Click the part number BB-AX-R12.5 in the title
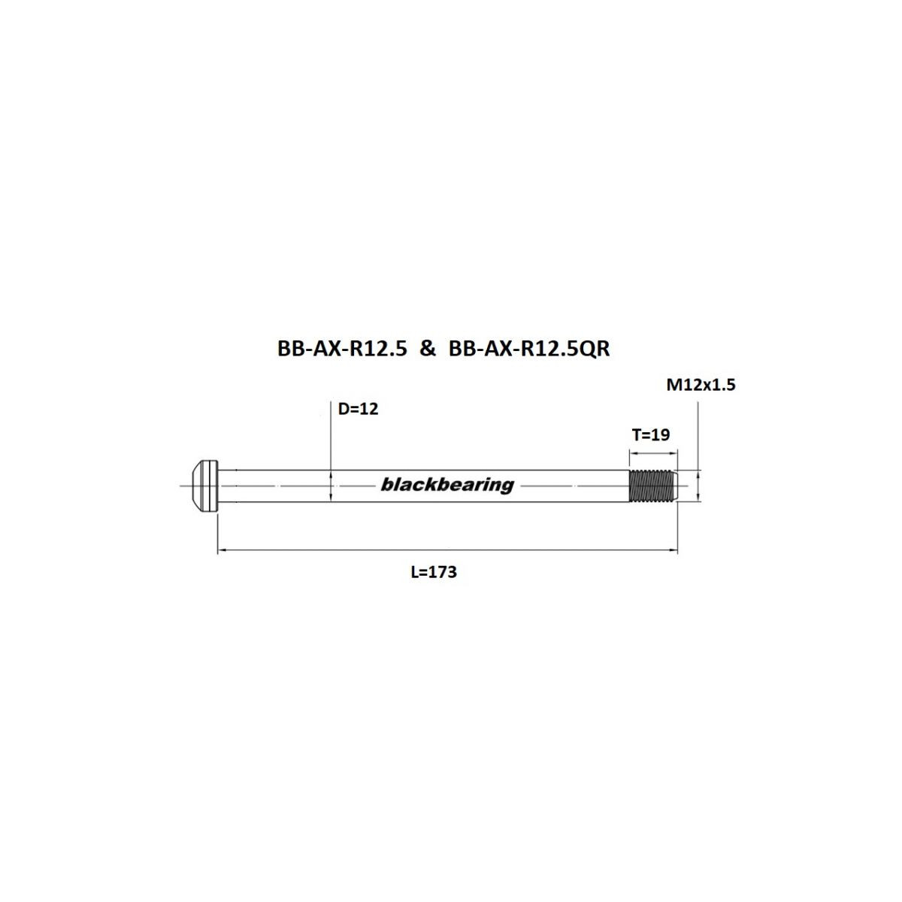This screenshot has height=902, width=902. click(x=342, y=349)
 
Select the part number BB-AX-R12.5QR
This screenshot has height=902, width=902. click(x=528, y=349)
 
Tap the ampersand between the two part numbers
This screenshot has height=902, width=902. click(x=427, y=349)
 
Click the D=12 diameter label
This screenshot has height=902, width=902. click(x=358, y=409)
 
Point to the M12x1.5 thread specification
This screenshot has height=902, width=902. click(x=701, y=385)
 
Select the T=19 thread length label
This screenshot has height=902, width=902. click(x=650, y=434)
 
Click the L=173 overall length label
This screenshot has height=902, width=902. click(x=434, y=572)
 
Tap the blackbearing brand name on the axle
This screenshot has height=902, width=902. click(x=447, y=485)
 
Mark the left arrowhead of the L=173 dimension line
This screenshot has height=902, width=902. click(x=222, y=552)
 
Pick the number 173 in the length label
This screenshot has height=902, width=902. click(x=443, y=572)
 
